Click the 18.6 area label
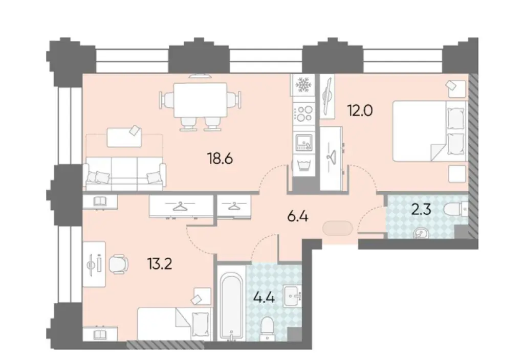click(221, 159)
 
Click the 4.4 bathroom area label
click(264, 297)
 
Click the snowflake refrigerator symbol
click(304, 85)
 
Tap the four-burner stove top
click(304, 113)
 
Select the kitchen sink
click(304, 141)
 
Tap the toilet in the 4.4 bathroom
click(268, 326)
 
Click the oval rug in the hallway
click(337, 228)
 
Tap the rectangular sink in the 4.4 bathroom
click(293, 294)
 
